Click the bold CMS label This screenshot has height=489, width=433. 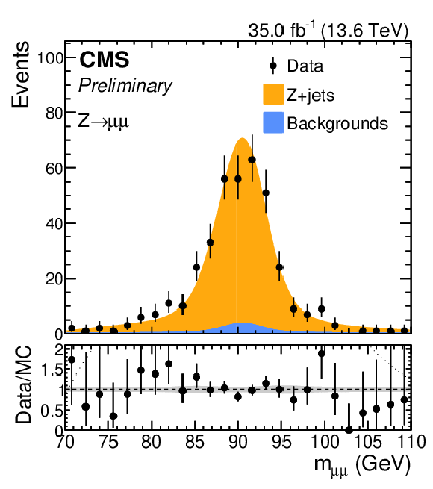(105, 60)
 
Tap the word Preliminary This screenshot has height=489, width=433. (125, 85)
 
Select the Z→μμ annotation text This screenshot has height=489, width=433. (103, 121)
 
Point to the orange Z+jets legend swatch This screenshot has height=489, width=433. (273, 94)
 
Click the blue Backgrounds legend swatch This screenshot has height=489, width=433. (273, 122)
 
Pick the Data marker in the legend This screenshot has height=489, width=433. (273, 66)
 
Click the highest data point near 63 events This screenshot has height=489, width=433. (252, 160)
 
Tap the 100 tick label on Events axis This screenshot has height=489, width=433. (50, 58)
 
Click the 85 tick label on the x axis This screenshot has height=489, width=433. (195, 442)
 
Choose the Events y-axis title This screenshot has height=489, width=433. (20, 74)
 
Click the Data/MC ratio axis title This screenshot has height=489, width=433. (23, 384)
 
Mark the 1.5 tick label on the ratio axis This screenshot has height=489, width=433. (52, 370)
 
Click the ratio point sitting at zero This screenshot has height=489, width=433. (349, 430)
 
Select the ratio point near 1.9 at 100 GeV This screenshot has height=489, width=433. (321, 353)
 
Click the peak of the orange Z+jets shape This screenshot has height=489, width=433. (242, 138)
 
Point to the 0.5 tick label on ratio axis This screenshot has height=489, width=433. (52, 411)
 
